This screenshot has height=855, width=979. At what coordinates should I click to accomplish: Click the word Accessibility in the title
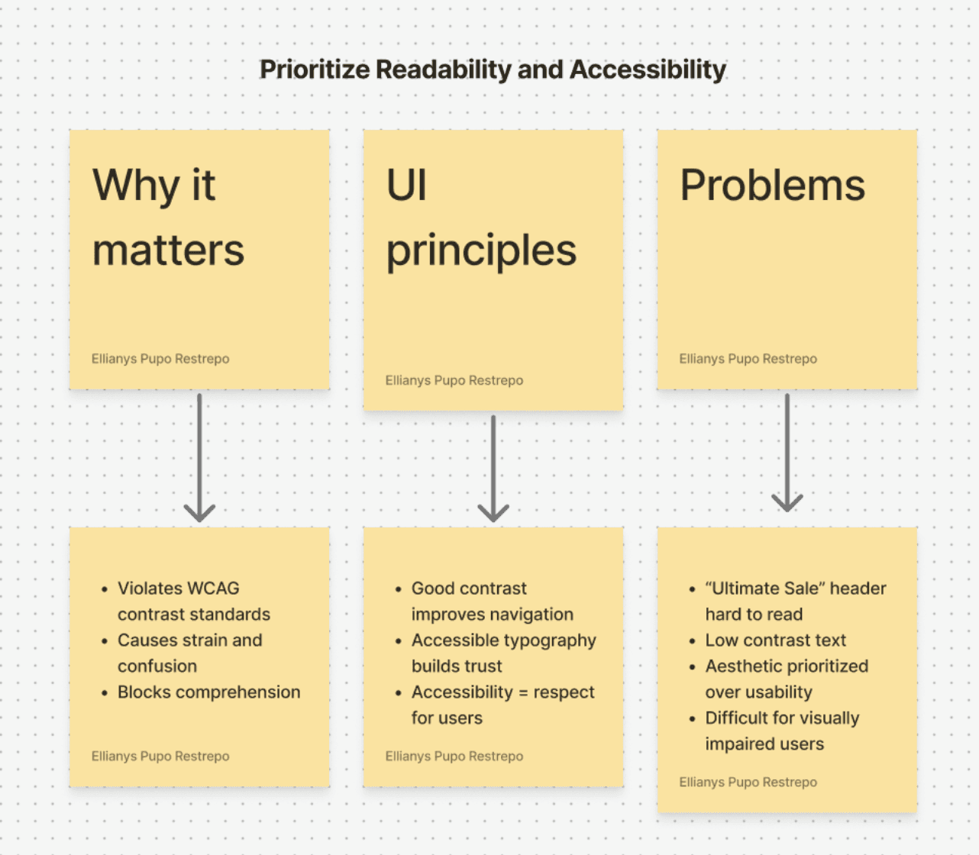648,69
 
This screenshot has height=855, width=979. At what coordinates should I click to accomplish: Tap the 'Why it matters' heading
168,218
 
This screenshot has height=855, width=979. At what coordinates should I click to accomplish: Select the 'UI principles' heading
481,218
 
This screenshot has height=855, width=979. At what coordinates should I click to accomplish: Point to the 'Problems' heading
772,186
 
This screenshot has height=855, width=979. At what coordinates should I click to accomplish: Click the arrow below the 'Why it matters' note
199,458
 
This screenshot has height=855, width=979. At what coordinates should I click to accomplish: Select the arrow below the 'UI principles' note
493,469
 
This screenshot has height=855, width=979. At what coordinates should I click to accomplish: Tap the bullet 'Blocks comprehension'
208,692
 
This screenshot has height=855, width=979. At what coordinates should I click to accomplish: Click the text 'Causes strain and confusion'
189,653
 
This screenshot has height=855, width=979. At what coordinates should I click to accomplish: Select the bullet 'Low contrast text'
775,640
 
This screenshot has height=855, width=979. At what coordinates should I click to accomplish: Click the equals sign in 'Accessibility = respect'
523,692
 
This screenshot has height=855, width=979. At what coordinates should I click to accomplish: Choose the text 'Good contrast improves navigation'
492,602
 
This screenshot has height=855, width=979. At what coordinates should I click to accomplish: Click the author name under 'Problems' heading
748,359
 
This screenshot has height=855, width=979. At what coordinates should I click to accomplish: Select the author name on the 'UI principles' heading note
454,380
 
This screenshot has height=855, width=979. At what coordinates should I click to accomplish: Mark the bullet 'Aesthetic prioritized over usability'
787,679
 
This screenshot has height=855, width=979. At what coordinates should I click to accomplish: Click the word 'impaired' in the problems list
736,744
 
